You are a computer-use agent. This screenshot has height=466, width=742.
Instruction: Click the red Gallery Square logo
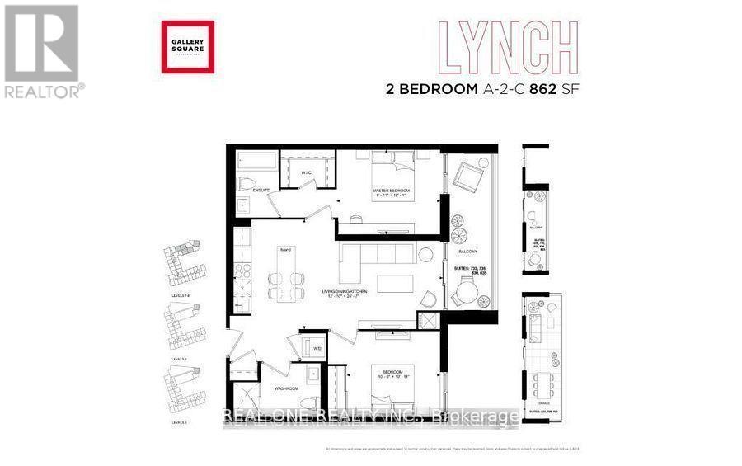(187, 47)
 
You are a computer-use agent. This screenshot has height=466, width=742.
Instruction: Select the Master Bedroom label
(391, 192)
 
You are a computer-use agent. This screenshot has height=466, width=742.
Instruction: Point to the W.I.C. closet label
(306, 173)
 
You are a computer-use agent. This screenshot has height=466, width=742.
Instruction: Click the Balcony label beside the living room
(468, 251)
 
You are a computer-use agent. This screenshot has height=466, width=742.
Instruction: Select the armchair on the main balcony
(469, 177)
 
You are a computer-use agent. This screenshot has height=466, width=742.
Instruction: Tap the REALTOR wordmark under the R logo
(44, 92)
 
